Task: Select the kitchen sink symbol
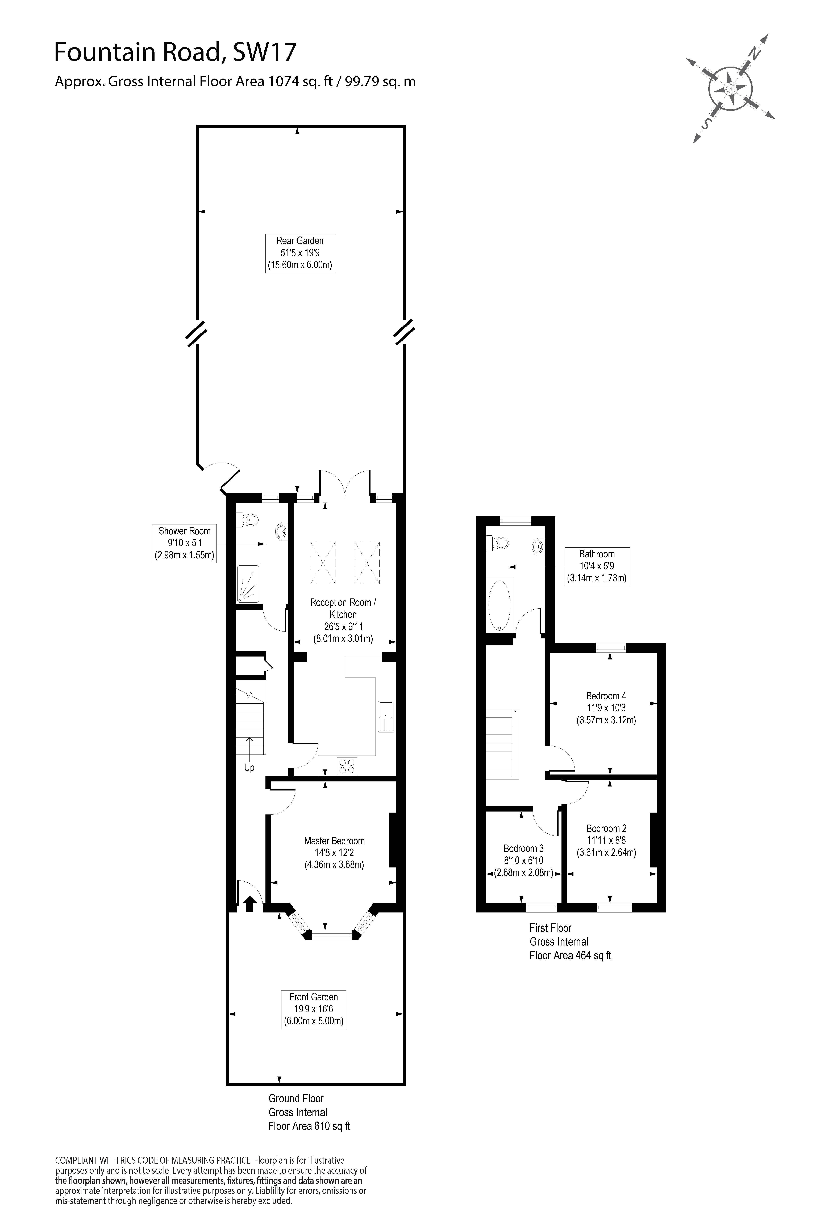[x=386, y=715]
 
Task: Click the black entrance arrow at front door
[x=249, y=903]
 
